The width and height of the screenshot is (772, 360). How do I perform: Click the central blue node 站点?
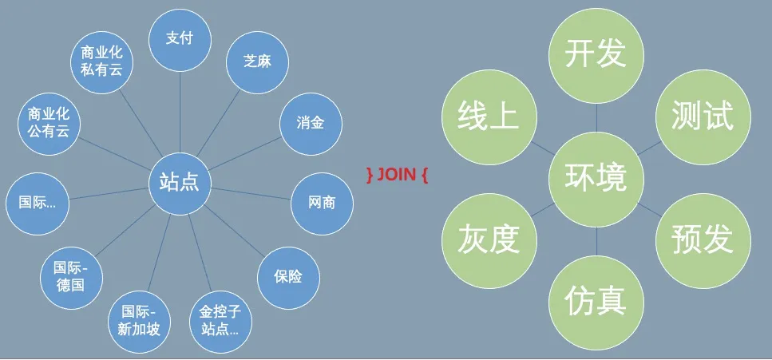coord(180,183)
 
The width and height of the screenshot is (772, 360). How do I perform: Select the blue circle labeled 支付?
coord(180,38)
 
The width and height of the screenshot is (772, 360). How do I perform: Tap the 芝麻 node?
coord(256,61)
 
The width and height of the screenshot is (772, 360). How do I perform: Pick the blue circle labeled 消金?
coord(309,123)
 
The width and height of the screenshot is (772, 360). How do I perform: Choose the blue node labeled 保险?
coord(288,277)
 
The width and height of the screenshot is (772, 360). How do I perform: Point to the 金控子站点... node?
coord(219,320)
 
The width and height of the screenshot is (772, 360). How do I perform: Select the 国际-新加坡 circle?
coord(137,320)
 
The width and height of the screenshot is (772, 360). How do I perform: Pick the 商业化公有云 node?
coord(49,123)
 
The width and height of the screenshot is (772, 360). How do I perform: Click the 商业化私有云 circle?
coord(101,61)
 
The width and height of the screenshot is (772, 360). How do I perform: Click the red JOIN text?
coord(398,173)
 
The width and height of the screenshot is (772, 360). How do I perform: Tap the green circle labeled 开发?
coord(596,57)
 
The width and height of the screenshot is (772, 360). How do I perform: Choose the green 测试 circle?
coord(703,117)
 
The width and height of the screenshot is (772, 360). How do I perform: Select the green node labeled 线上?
coord(489,117)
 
